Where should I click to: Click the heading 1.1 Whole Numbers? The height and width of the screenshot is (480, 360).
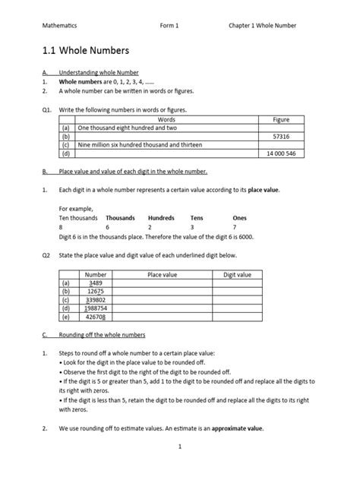click(x=86, y=52)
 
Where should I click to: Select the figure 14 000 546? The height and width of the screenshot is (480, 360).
click(x=281, y=153)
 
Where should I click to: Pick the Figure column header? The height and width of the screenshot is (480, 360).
click(x=281, y=120)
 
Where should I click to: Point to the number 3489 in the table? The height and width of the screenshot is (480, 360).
click(x=96, y=283)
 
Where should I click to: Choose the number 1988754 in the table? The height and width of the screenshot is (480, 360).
click(x=96, y=308)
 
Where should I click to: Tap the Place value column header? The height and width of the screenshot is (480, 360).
click(x=162, y=273)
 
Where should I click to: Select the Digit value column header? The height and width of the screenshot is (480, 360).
click(x=237, y=273)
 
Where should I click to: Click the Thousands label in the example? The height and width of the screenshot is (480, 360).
click(x=120, y=217)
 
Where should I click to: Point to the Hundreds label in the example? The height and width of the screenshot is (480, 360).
click(x=161, y=217)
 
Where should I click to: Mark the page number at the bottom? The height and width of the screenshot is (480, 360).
click(x=180, y=468)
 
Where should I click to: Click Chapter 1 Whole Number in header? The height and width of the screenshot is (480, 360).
click(x=263, y=25)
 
